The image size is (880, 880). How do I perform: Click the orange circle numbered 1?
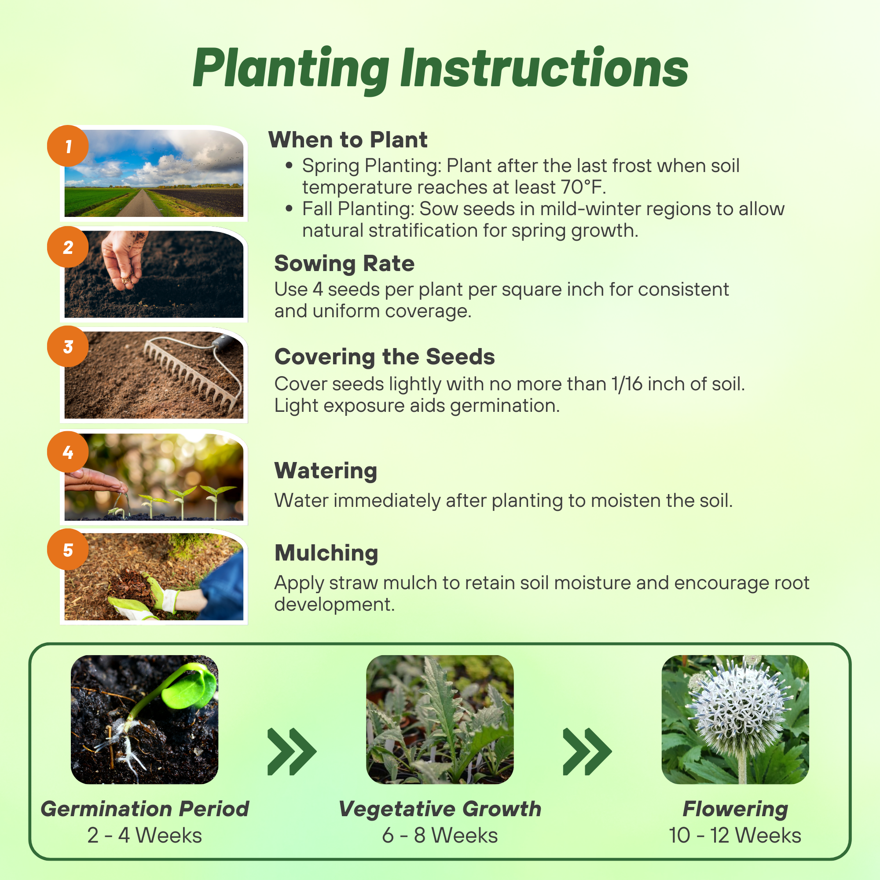pos(68,146)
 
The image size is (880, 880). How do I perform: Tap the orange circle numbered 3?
pos(68,346)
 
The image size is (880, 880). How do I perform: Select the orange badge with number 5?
pos(68,549)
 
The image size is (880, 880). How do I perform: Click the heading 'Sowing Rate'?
pos(345,264)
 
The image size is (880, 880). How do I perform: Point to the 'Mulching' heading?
pos(326,554)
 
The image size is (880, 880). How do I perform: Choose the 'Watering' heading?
pos(326,470)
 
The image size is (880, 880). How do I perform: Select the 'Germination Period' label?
pos(145,810)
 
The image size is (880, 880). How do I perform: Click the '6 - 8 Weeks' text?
pos(440,836)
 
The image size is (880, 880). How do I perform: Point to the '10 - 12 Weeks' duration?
pos(735,836)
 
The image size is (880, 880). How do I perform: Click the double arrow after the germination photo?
pos(292,752)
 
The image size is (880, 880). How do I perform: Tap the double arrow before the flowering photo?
pos(587,752)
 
